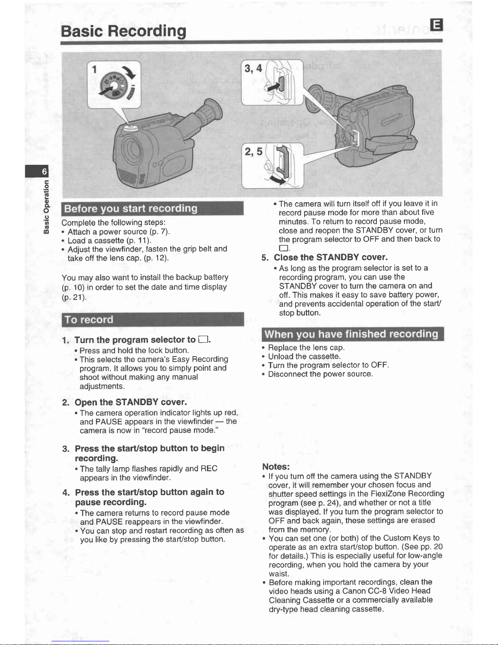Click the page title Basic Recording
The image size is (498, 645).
pos(123,31)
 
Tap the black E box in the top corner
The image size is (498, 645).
pos(436,24)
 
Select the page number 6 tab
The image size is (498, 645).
pos(37,171)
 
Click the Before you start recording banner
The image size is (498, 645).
pos(152,208)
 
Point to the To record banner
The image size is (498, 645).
pos(153,319)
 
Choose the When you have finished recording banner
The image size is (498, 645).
pos(353,334)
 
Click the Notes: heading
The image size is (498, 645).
pos(276,467)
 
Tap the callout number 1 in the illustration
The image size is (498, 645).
pos(95,70)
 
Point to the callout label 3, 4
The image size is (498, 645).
pos(253,68)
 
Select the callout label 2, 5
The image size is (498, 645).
pos(253,152)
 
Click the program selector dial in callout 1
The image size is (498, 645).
pos(114,85)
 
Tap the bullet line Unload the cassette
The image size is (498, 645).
pos(304,356)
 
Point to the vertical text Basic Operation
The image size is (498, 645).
pos(46,207)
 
